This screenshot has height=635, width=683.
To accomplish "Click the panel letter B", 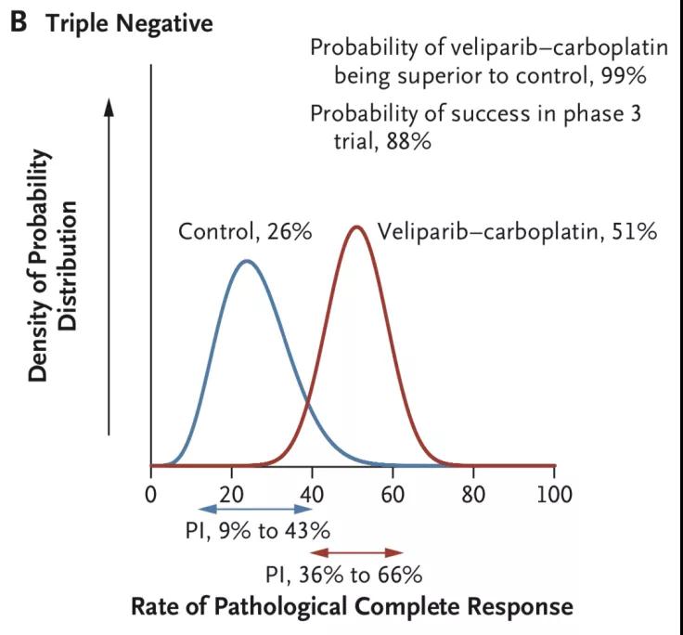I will point(19,22).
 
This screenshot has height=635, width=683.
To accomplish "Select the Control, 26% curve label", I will point(244,231).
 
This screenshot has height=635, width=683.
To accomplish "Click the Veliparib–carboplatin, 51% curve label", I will point(517,231).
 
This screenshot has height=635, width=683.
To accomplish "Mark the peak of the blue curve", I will point(246,261).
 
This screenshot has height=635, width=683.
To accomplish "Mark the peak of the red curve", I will point(356,226).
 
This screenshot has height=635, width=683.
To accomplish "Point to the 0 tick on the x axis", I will point(151,491).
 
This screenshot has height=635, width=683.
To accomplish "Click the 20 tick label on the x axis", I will point(231,491).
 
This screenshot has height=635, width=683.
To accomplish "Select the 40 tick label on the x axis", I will point(313,491).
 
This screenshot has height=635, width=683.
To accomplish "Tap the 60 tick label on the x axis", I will point(393,491).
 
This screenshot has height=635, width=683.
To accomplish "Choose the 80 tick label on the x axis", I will point(474,491).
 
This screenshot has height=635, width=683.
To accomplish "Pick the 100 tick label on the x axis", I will point(554,491).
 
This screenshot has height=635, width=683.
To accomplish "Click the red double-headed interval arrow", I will point(357,552).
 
